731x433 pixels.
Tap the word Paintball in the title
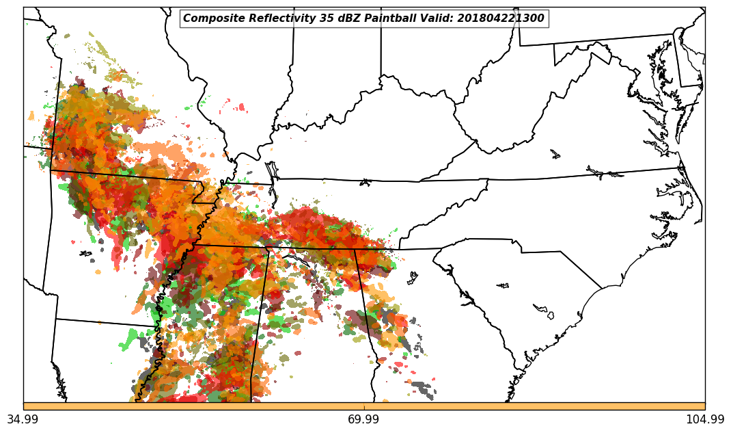coord(388,18)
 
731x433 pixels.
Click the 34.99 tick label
coord(23,419)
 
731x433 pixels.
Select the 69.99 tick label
coord(364,419)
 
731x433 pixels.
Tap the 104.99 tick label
coord(705,419)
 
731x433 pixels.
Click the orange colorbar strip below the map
coord(364,406)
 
